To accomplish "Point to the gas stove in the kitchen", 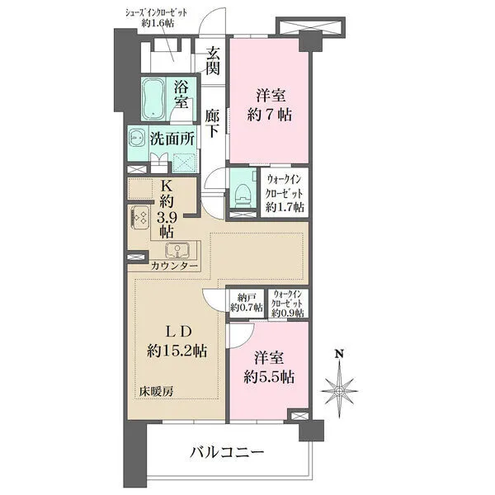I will click(139, 219).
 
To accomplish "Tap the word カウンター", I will click(174, 266).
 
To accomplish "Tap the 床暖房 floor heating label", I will click(156, 390).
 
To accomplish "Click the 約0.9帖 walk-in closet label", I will click(288, 313).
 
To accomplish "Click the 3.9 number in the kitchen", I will click(167, 218).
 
